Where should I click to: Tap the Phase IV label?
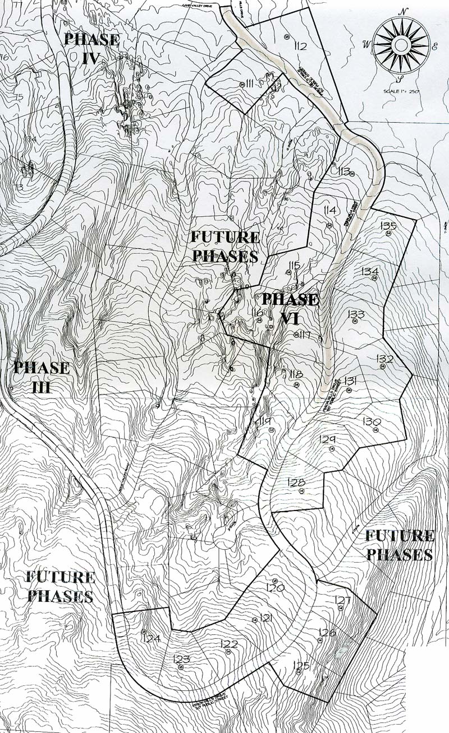(91, 48)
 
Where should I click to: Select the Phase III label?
(42, 377)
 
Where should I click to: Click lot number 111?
(250, 84)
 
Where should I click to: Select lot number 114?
(329, 210)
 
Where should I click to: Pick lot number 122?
(229, 644)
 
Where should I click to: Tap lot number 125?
(301, 665)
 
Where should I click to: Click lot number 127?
(342, 600)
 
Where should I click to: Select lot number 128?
(296, 483)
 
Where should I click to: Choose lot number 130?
(372, 421)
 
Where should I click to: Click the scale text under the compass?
(402, 91)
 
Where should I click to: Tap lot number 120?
(277, 588)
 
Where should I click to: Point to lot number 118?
(296, 375)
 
